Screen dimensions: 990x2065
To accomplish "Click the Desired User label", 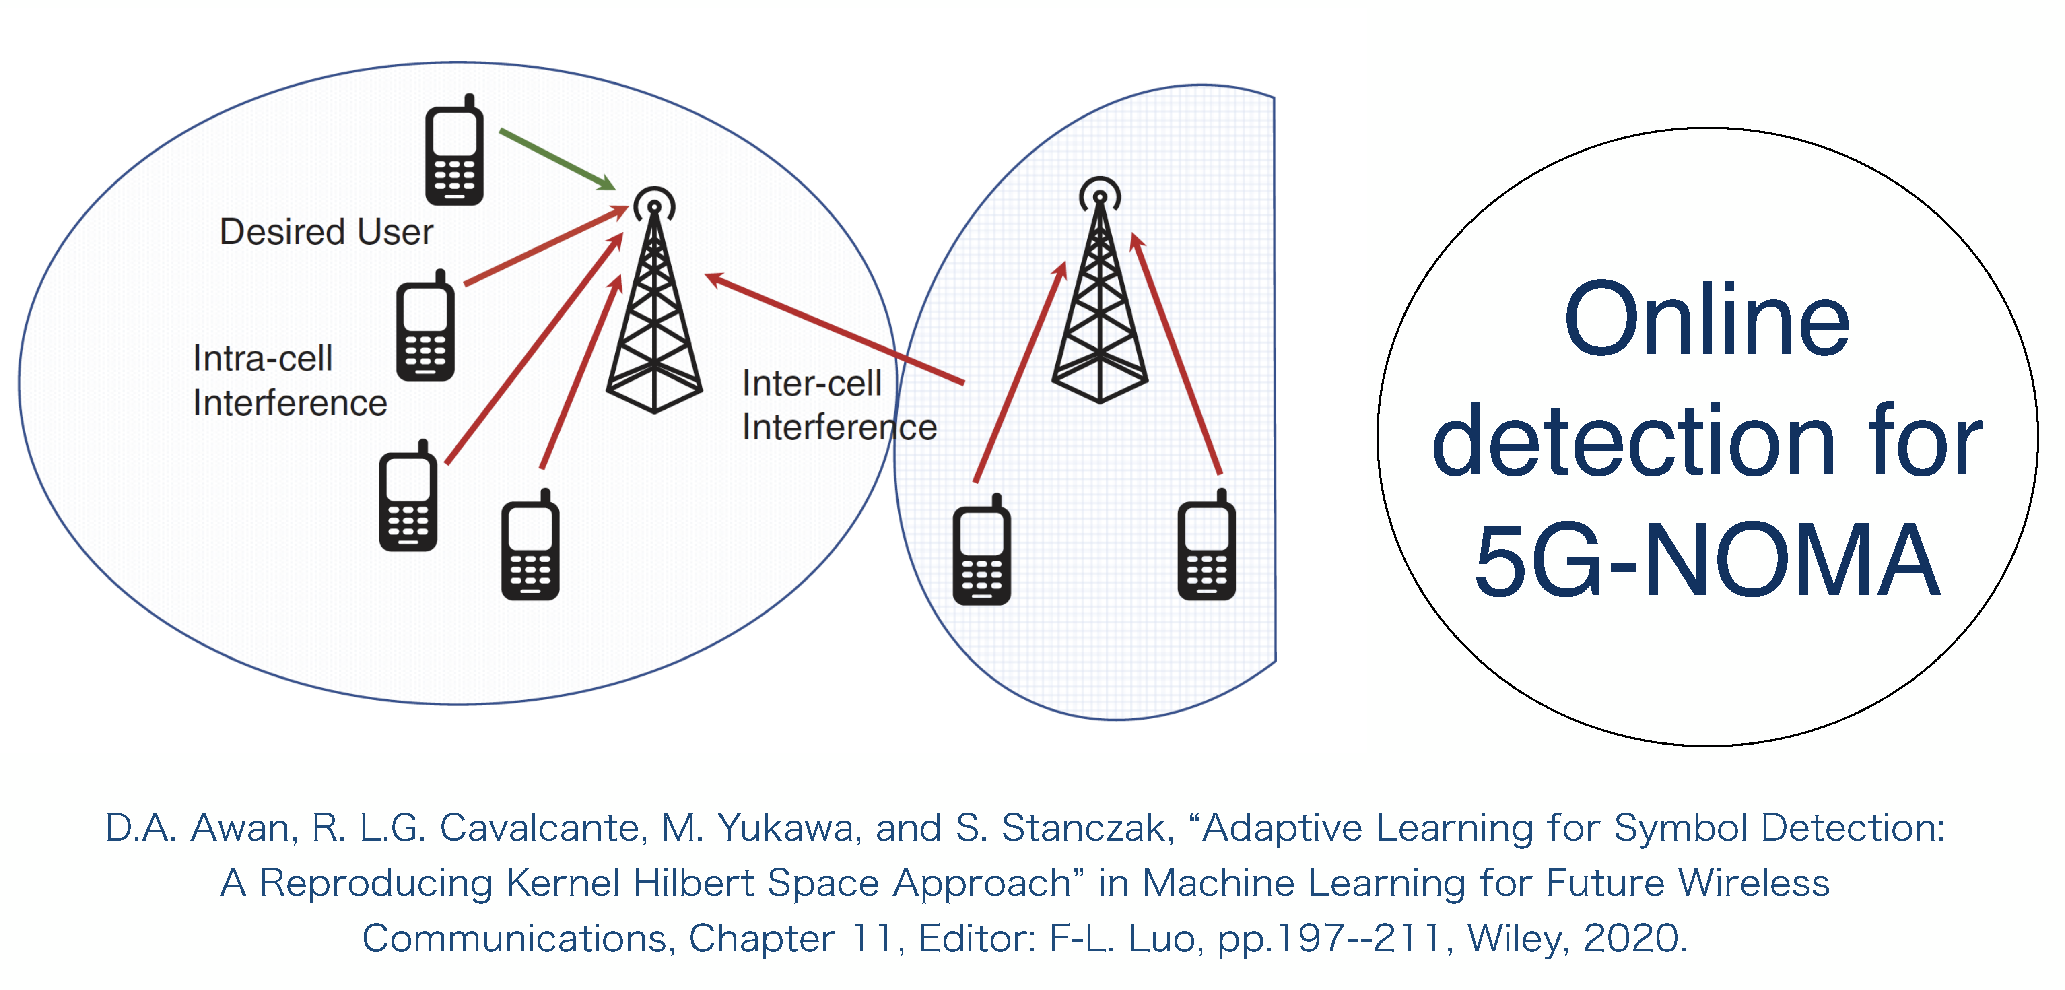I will pos(326,232).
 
